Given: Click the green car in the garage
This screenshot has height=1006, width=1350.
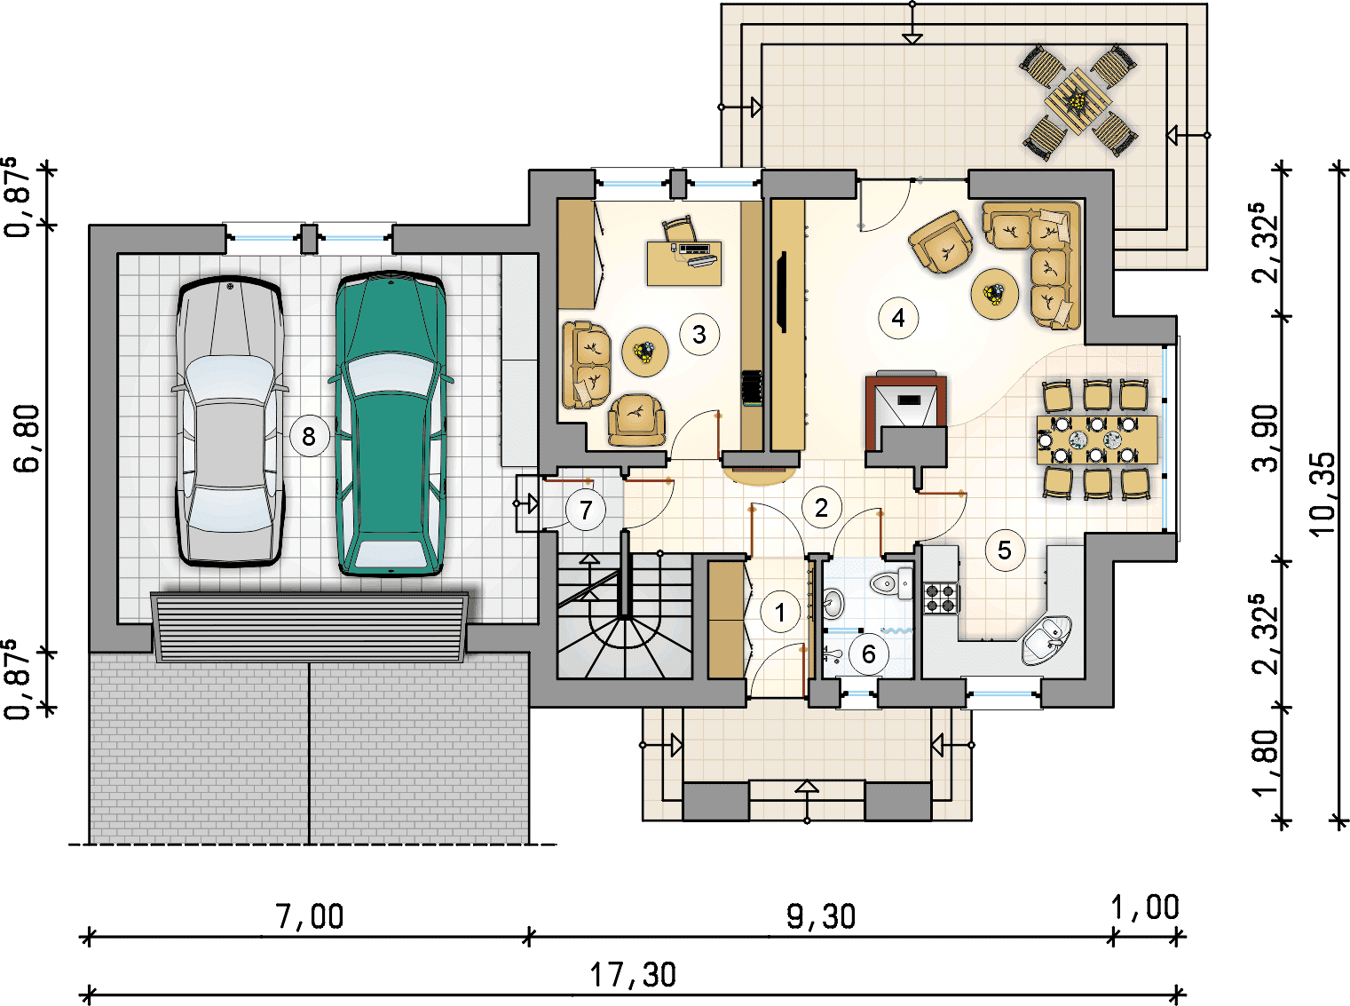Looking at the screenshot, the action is (391, 424).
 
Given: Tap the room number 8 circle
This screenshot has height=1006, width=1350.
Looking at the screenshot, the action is (309, 436).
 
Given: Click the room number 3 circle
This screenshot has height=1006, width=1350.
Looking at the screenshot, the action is (699, 334).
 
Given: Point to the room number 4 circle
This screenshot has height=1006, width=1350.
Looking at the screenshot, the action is (898, 317).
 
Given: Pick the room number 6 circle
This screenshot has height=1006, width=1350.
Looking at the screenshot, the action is (869, 654).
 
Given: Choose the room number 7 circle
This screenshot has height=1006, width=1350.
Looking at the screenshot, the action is (586, 511).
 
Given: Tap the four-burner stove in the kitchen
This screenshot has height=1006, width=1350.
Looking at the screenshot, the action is (941, 598).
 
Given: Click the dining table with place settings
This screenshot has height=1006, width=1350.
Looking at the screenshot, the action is (1097, 439).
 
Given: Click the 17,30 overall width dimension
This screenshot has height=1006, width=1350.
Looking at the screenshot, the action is (633, 976).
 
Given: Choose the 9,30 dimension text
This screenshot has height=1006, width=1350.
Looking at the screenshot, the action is (821, 916).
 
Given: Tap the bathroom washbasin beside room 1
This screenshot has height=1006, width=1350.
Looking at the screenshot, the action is (833, 603).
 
